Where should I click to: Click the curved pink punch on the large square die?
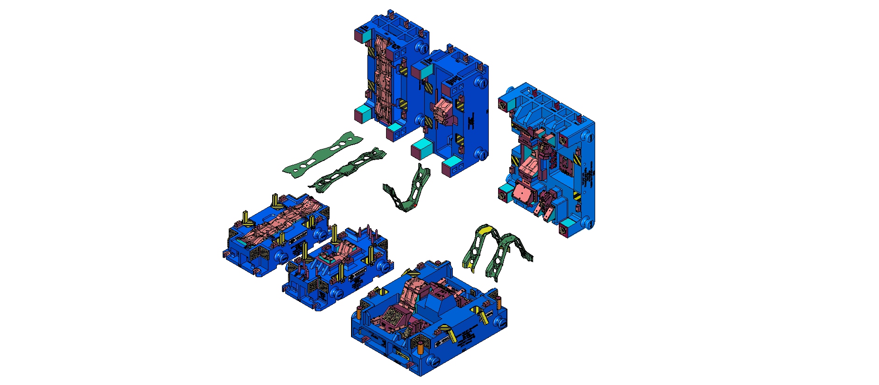(x=411, y=292)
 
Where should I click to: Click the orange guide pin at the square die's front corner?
(x=420, y=348)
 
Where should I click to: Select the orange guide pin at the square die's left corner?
(x=360, y=311)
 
